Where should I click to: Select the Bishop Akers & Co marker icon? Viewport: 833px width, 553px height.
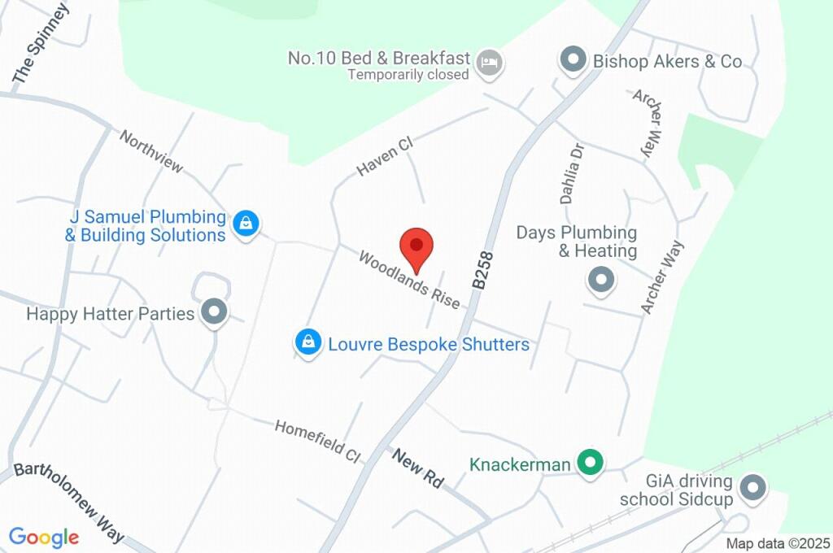pyautogui.click(x=574, y=60)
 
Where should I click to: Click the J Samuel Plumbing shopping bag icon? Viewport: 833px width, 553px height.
pyautogui.click(x=245, y=224)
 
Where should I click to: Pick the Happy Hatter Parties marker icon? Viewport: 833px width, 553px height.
pyautogui.click(x=215, y=312)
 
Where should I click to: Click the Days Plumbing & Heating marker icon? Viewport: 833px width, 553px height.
pyautogui.click(x=601, y=280)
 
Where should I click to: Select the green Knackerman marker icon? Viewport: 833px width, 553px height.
pyautogui.click(x=590, y=464)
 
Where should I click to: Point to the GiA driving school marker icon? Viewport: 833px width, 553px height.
pyautogui.click(x=753, y=488)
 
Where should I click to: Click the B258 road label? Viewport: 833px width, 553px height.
pyautogui.click(x=482, y=268)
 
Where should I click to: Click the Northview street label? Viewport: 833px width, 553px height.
pyautogui.click(x=151, y=151)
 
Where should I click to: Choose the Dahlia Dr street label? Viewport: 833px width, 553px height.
pyautogui.click(x=573, y=173)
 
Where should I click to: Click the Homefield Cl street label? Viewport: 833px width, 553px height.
pyautogui.click(x=317, y=442)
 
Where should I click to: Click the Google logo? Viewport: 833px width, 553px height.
pyautogui.click(x=44, y=538)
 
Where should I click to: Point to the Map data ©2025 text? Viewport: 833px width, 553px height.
pyautogui.click(x=778, y=543)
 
